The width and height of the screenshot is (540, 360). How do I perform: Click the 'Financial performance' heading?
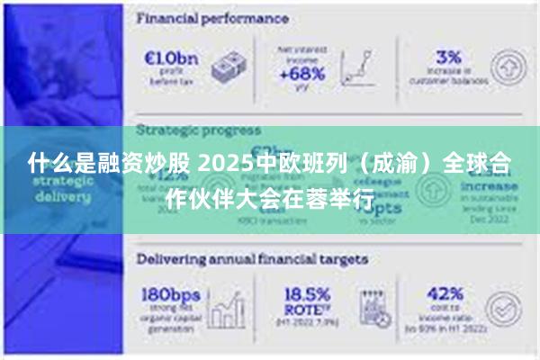pyautogui.click(x=212, y=18)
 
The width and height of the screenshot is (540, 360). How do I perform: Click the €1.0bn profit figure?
pyautogui.click(x=171, y=58)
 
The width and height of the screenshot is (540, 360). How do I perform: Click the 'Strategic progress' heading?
pyautogui.click(x=199, y=130)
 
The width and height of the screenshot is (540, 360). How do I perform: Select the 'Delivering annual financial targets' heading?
pyautogui.click(x=252, y=258)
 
